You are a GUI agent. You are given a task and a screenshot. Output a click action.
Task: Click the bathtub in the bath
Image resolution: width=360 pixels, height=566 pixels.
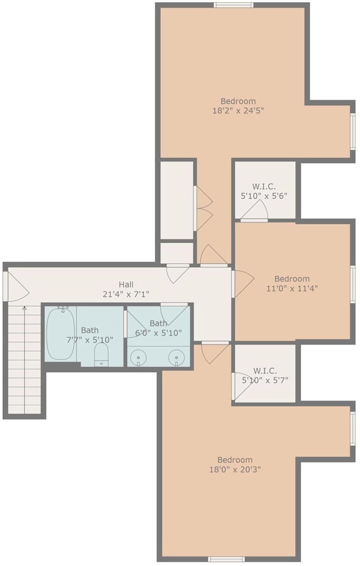coord(61,333)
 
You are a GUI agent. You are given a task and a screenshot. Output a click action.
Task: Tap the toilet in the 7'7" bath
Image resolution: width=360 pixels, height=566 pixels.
coord(101,354)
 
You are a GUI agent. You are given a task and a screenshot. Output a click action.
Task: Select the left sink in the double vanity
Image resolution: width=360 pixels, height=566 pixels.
coord(138,357)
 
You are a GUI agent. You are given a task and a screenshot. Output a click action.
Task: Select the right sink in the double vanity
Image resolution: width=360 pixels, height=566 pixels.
coord(177,357)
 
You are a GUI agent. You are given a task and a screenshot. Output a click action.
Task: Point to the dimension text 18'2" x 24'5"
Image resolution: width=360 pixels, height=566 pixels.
coord(238,110)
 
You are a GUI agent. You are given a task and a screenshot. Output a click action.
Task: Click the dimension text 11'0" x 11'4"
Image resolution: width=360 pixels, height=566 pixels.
coord(292,289)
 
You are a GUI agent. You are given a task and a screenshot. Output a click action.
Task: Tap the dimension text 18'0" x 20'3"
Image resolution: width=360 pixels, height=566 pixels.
coord(235,470)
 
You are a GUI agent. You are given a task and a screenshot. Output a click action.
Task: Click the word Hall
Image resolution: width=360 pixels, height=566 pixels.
coord(126,285)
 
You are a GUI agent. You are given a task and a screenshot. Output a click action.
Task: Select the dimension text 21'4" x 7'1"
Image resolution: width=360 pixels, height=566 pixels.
coord(126,294)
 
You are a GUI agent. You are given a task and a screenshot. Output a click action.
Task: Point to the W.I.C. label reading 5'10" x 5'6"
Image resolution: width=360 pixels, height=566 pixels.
coord(264,191)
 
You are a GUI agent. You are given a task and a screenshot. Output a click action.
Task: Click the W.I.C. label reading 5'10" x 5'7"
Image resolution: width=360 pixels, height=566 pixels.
coord(265,375)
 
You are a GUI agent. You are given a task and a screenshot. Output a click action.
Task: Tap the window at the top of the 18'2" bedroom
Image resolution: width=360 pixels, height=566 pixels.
coord(233,5)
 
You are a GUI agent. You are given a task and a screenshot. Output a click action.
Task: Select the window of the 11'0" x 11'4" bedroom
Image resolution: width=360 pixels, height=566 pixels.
coord(353,284)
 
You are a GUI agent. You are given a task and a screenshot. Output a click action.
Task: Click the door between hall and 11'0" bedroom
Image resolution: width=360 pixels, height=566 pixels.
coord(243,284)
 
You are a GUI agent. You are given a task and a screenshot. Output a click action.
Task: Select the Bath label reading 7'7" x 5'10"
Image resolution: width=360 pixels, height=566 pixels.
coord(90,335)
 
